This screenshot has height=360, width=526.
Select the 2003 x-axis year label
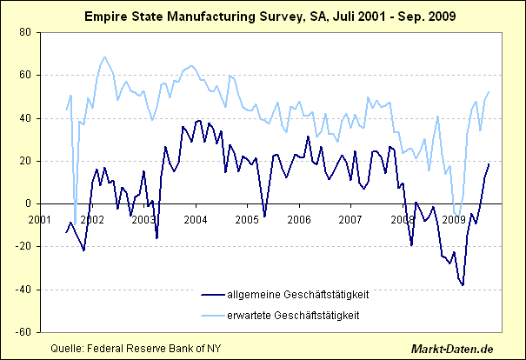[143, 219]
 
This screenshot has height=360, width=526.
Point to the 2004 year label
[195, 219]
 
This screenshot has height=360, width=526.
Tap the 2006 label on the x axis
[298, 219]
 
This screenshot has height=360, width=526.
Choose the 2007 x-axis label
[350, 219]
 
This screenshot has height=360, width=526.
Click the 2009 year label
[453, 219]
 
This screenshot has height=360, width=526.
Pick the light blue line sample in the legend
[199, 314]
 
